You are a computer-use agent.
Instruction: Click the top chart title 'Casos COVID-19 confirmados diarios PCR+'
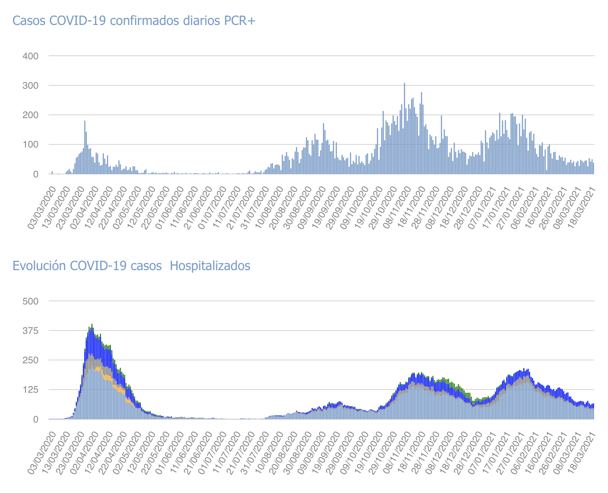(x=134, y=21)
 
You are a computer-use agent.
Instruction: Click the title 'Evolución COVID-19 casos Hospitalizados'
(x=131, y=266)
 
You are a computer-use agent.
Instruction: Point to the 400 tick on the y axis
(x=31, y=56)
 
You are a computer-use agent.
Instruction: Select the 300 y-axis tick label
(x=31, y=86)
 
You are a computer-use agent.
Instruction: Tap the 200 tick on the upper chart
(x=31, y=115)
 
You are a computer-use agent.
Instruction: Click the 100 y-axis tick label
(x=31, y=145)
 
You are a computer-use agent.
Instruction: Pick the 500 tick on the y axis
(x=31, y=301)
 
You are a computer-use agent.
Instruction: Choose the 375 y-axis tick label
(x=31, y=331)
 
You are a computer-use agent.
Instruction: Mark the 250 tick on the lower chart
(x=31, y=360)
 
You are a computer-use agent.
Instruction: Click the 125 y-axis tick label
(x=31, y=390)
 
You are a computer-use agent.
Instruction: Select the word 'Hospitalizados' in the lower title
(x=210, y=266)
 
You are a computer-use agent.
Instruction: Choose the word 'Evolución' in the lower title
(x=40, y=266)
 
